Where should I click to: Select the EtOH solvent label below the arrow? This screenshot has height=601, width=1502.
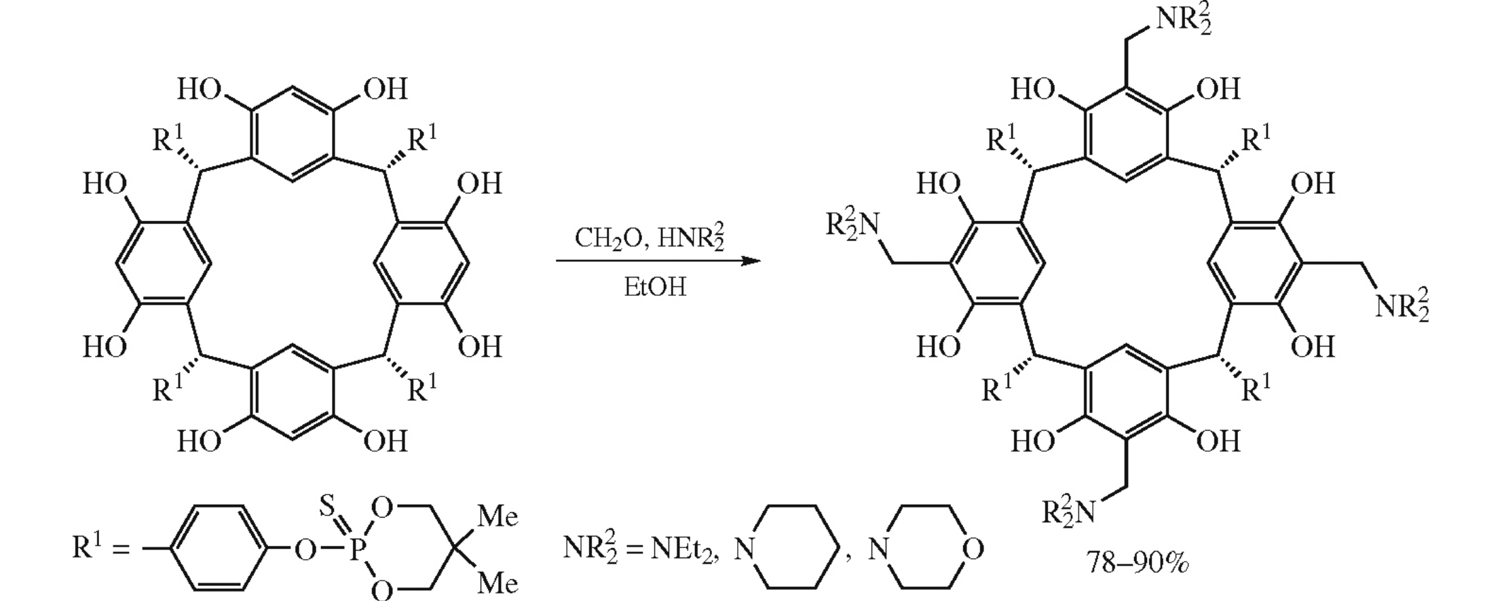654,288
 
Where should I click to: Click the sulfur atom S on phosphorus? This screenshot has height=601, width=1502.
326,507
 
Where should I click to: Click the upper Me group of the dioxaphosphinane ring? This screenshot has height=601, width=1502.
497,517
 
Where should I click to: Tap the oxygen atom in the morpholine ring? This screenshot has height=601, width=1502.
973,549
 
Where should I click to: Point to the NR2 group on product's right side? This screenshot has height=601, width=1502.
1402,307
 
